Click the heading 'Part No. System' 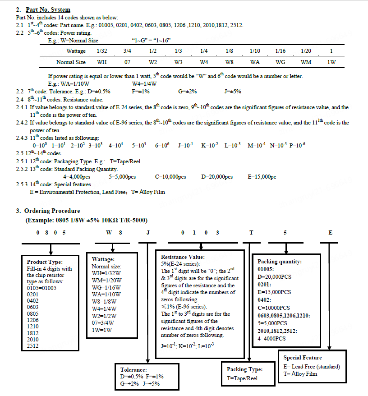click(48, 9)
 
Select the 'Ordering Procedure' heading click(52, 211)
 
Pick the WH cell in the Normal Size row click(102, 62)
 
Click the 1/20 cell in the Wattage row click(306, 51)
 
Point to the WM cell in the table click(306, 62)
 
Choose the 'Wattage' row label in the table click(76, 51)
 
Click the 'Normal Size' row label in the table click(71, 62)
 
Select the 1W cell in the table click(331, 62)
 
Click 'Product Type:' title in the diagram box click(45, 262)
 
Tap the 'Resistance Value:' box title click(179, 257)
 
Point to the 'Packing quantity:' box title click(280, 262)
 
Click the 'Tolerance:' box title click(133, 369)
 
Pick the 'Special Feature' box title click(303, 358)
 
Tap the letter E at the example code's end click(330, 233)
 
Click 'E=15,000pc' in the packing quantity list click(262, 177)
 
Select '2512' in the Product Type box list click(33, 345)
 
